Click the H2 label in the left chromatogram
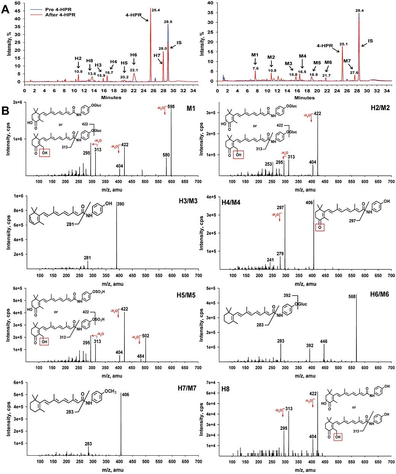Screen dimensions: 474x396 point(78,58)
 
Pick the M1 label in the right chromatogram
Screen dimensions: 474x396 point(255,55)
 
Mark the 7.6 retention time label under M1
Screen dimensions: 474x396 point(255,68)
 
